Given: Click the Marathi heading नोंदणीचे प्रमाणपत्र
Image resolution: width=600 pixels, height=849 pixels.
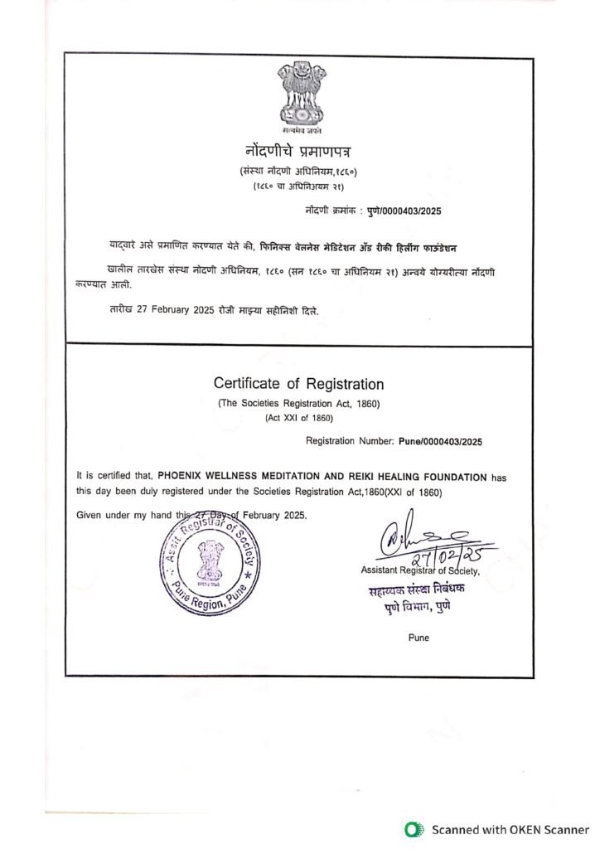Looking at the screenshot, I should (x=298, y=153).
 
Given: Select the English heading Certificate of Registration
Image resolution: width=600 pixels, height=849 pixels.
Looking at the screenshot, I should (x=298, y=384).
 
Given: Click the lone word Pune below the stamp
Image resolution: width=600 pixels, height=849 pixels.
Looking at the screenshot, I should (x=419, y=637).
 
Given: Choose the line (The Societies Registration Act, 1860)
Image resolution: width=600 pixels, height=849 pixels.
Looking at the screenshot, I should (x=298, y=403).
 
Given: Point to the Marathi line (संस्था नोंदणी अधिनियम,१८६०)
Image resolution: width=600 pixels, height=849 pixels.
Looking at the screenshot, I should (x=298, y=171).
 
